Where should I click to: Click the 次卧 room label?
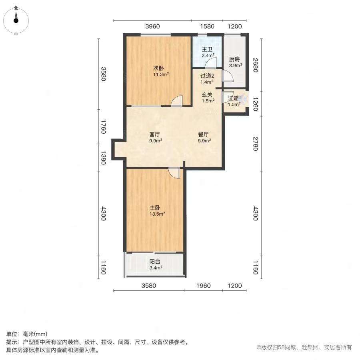pyautogui.click(x=158, y=68)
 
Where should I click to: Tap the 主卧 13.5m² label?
pyautogui.click(x=157, y=211)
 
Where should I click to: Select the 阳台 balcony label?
pyautogui.click(x=155, y=262)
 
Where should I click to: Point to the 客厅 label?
pyautogui.click(x=154, y=134)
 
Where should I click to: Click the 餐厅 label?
pyautogui.click(x=204, y=134)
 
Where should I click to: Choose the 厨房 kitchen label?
pyautogui.click(x=234, y=60)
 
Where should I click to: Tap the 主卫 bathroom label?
pyautogui.click(x=207, y=49)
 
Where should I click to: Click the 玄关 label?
pyautogui.click(x=207, y=94)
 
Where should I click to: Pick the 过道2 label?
pyautogui.click(x=207, y=76)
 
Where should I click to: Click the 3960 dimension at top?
pyautogui.click(x=152, y=26)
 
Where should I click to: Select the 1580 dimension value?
pyautogui.click(x=207, y=26)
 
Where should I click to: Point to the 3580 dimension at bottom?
pyautogui.click(x=149, y=286)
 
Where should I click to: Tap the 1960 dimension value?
pyautogui.click(x=204, y=286)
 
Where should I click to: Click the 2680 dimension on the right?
pyautogui.click(x=256, y=65)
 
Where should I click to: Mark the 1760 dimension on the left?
pyautogui.click(x=104, y=126)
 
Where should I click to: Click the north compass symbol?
pyautogui.click(x=16, y=18)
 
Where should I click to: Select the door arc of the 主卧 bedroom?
pyautogui.click(x=174, y=173)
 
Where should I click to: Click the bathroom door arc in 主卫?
pyautogui.click(x=211, y=62)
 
